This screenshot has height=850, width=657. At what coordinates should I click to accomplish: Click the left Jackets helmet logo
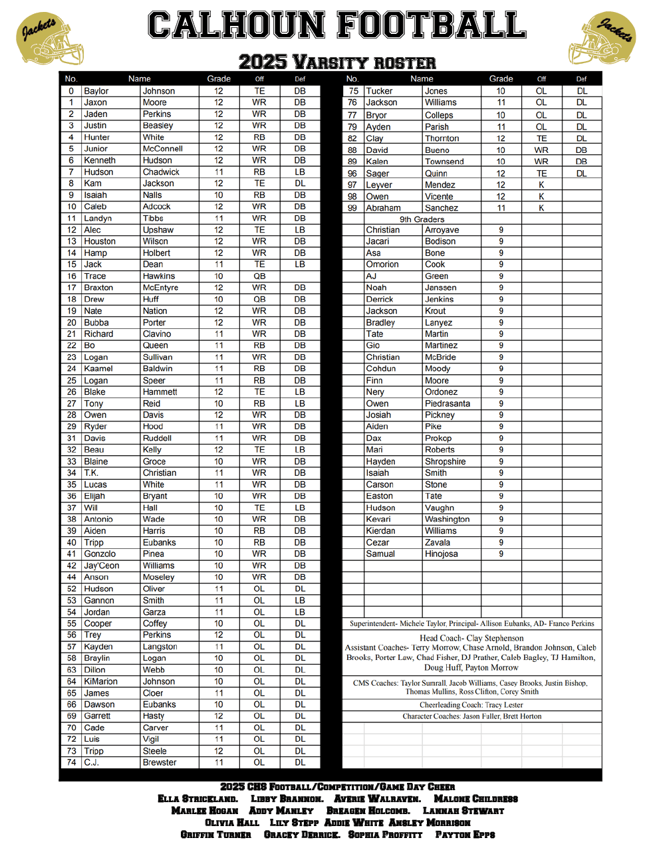(50, 39)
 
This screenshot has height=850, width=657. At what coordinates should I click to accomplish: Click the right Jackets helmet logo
(602, 39)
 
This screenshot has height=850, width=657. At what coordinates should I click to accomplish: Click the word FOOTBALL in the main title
(432, 25)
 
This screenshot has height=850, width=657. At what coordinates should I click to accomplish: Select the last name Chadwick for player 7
(161, 172)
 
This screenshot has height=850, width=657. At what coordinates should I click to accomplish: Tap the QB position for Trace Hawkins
(259, 276)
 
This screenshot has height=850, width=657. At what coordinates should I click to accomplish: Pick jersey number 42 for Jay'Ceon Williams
(71, 566)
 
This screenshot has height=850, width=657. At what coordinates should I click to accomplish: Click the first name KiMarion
(100, 681)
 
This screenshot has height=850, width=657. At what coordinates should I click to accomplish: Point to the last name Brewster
(160, 762)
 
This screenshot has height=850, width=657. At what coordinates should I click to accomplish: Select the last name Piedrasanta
(447, 403)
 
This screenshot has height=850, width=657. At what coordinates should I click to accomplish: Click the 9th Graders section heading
(422, 219)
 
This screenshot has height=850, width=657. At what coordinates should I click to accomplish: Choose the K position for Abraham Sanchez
(541, 208)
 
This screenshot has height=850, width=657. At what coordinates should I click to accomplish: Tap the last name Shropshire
(445, 461)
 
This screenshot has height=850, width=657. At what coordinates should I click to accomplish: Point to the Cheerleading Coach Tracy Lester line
(471, 705)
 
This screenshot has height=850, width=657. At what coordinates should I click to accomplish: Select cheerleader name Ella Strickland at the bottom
(197, 799)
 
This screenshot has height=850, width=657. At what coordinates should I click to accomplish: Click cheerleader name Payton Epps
(465, 835)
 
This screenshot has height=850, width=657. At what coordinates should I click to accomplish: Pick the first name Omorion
(382, 265)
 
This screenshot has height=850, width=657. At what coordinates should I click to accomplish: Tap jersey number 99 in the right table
(352, 208)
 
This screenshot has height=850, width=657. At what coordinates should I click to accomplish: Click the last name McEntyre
(160, 288)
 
